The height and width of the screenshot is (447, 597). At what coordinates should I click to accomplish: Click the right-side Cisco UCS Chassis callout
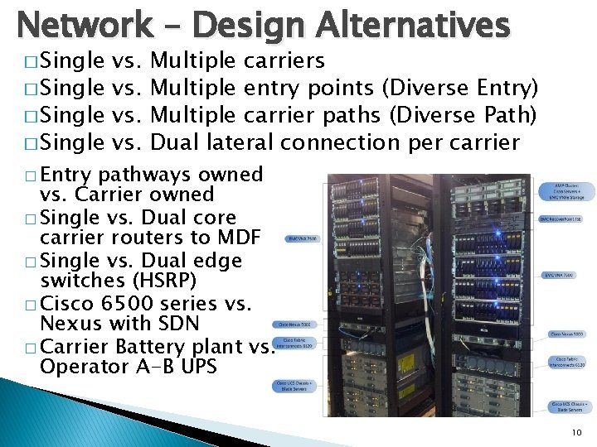point(569,406)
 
